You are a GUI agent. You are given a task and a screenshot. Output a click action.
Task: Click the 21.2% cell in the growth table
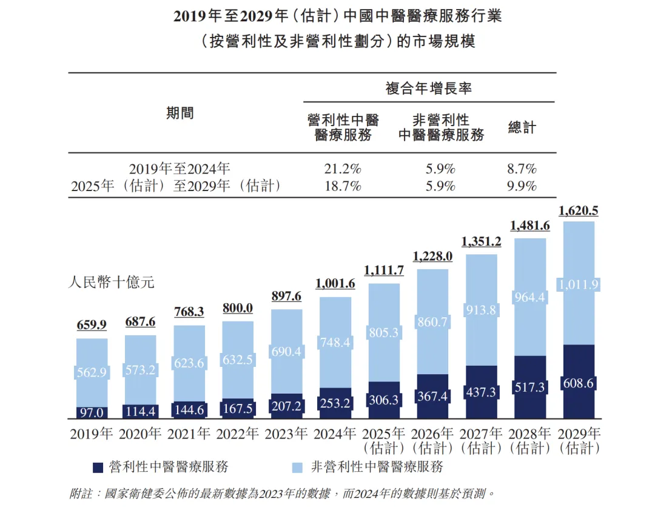coord(343,169)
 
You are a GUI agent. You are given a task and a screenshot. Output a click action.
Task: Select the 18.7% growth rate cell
coord(343,186)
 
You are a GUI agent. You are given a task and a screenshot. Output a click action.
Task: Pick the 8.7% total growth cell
coord(522,169)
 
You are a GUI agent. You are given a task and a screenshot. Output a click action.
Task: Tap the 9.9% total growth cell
coord(522,186)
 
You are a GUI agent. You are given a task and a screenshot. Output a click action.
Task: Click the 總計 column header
coord(522,127)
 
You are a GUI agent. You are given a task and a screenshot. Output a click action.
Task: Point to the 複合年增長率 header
coord(429,89)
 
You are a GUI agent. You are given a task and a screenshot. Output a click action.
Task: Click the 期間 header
coord(180,113)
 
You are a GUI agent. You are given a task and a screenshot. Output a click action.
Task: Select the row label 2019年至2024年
coord(180,169)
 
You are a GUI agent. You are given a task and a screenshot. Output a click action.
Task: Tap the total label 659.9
coord(92,325)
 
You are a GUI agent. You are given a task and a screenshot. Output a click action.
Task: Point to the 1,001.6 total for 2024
coord(335,284)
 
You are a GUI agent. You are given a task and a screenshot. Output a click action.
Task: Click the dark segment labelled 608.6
coord(578,383)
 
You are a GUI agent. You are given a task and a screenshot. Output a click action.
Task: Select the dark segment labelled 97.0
coord(92,412)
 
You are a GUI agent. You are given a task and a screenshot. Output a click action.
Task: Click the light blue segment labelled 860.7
coord(432,322)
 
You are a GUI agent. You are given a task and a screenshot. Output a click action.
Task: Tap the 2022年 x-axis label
coord(237,434)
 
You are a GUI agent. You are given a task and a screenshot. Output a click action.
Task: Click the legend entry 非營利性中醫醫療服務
coord(377,467)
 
